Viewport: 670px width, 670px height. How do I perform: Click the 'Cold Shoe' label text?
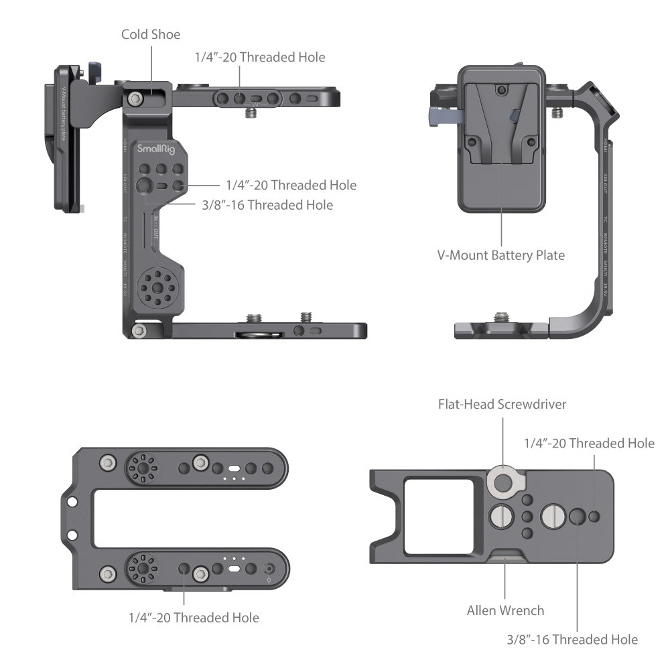151,33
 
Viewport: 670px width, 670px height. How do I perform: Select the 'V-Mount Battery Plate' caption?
501,255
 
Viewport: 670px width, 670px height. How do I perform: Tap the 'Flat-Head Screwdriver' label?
502,404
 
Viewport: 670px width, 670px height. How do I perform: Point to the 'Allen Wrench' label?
505,610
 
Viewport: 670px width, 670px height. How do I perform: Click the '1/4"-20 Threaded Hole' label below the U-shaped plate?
194,617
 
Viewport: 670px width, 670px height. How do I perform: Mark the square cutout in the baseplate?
439,515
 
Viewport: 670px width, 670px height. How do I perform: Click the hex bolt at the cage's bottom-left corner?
139,330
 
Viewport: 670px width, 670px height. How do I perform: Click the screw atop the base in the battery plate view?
500,317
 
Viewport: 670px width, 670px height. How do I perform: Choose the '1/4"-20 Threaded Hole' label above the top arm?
259,57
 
